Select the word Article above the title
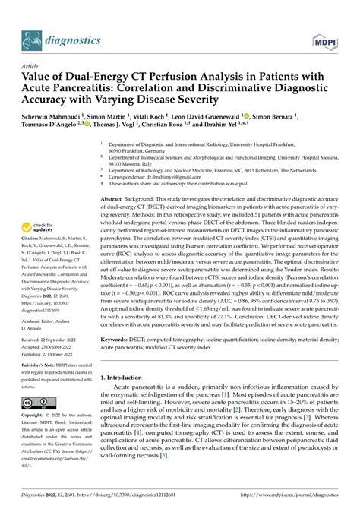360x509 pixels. tap(30, 67)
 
